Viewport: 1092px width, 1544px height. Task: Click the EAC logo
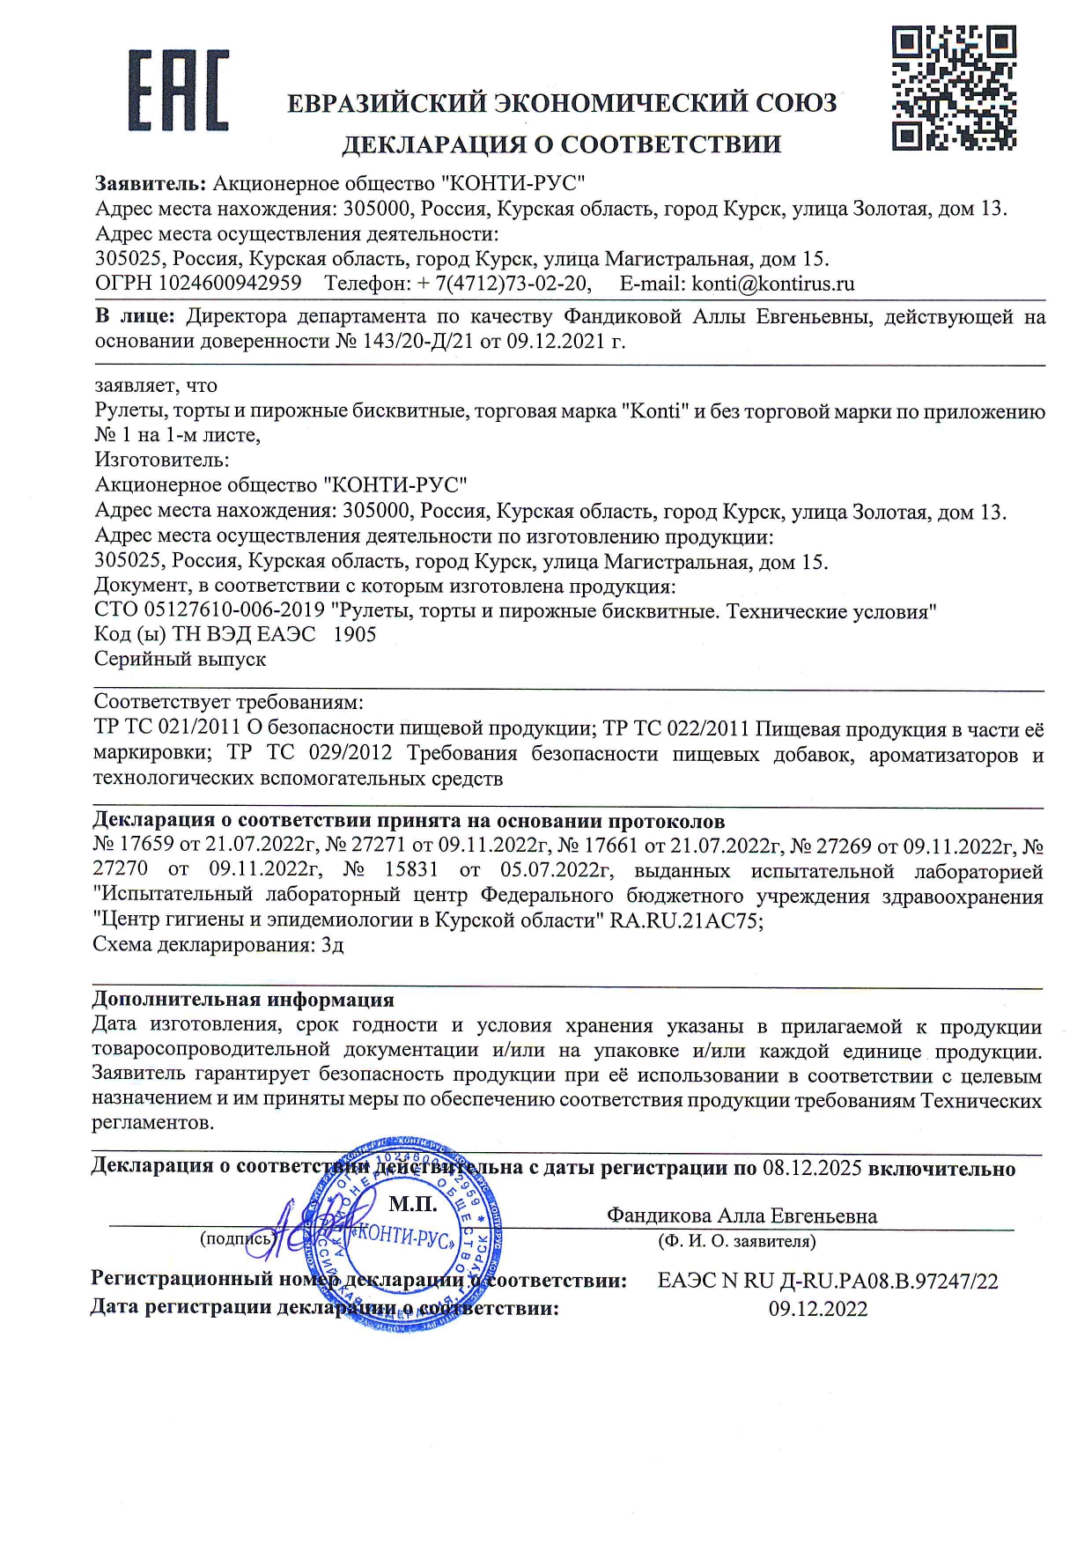[x=178, y=90]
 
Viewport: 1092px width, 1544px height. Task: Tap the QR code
[x=954, y=88]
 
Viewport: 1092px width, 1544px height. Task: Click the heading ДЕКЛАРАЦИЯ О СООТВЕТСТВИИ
[x=561, y=144]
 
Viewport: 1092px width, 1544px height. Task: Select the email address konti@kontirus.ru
[x=773, y=284]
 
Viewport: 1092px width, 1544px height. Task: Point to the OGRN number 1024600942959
[x=230, y=284]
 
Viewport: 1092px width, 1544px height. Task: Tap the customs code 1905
[x=355, y=634]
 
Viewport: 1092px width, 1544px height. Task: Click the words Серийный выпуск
[x=180, y=659]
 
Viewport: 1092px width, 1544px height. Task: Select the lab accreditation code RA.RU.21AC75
[x=686, y=921]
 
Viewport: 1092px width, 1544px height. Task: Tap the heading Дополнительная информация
[x=243, y=1000]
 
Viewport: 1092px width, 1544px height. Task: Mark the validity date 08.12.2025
[x=813, y=1169]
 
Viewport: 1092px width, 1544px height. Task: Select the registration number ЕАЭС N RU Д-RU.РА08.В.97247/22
[x=828, y=1281]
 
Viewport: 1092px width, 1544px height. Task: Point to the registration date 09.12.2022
[x=818, y=1309]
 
